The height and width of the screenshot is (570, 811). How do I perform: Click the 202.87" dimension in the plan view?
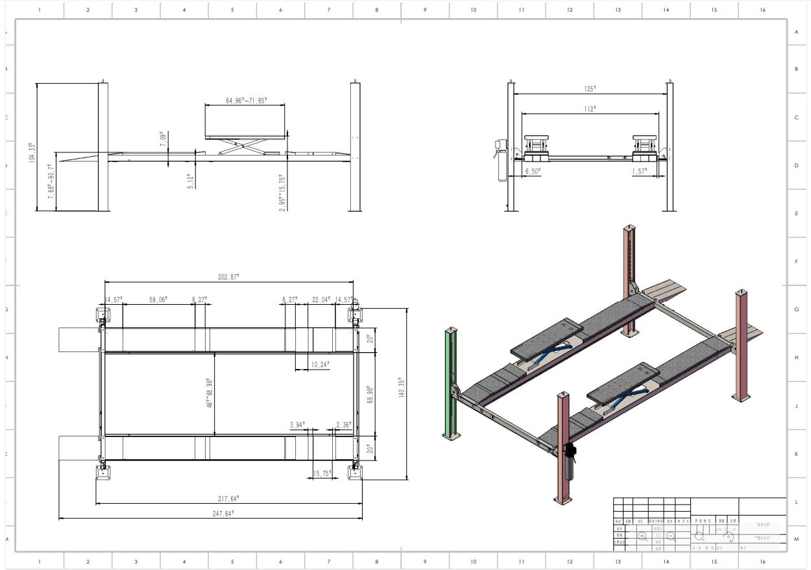[228, 277]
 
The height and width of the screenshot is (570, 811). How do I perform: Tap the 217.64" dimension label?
[228, 499]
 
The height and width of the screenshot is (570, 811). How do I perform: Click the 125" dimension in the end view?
[589, 89]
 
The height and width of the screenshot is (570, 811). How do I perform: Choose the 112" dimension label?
[589, 110]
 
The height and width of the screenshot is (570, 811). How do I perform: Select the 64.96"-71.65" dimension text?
[246, 101]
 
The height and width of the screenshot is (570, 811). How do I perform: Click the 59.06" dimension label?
[158, 300]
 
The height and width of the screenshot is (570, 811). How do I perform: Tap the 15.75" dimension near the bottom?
[321, 473]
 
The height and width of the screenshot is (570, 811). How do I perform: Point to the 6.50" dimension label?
[532, 171]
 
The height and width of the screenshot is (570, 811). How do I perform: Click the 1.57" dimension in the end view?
[640, 171]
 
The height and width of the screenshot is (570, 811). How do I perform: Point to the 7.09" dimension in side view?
[162, 137]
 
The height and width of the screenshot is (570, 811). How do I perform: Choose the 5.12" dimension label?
[190, 181]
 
